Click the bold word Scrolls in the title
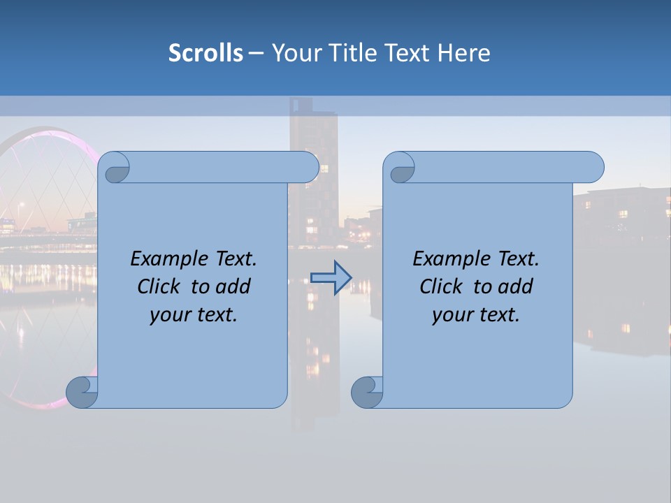tap(205, 53)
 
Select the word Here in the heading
tap(463, 53)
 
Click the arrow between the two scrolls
tap(331, 277)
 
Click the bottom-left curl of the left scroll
tap(81, 391)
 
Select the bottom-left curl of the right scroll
tap(366, 391)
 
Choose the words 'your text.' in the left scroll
tap(194, 314)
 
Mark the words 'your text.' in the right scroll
tap(476, 314)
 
